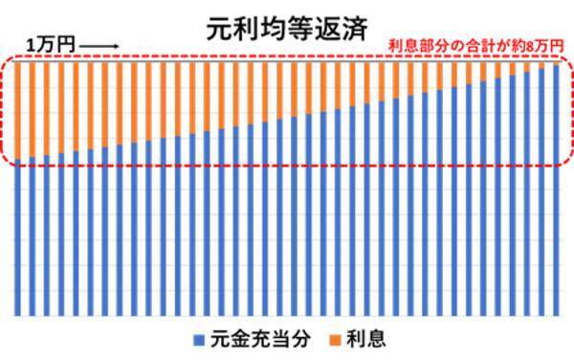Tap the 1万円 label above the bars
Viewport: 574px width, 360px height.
(x=46, y=45)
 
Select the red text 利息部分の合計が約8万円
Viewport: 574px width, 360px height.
(x=474, y=45)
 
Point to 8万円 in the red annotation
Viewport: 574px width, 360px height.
(x=542, y=45)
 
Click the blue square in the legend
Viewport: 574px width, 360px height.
(x=198, y=339)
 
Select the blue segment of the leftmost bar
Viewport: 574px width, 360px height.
(x=20, y=239)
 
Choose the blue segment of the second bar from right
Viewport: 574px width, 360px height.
(x=542, y=191)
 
